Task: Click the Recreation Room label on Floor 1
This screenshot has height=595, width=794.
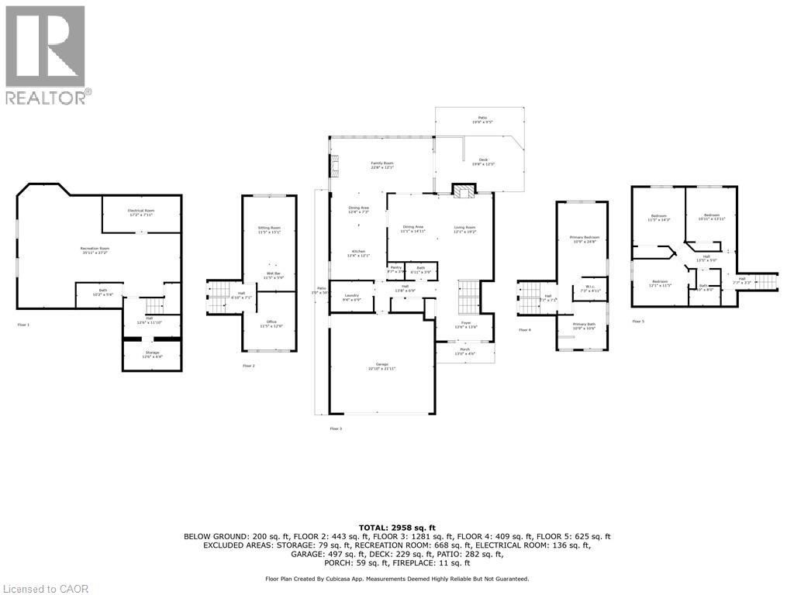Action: (x=95, y=249)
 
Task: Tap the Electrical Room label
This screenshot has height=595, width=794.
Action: (x=141, y=212)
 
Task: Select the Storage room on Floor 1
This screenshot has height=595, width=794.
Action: (x=151, y=354)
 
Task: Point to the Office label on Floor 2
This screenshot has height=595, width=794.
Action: (x=271, y=323)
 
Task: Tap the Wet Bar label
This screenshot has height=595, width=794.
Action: (x=273, y=275)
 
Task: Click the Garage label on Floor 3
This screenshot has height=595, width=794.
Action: (x=381, y=366)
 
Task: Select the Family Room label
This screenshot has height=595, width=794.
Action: (x=381, y=165)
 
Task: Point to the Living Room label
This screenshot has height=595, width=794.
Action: (x=464, y=229)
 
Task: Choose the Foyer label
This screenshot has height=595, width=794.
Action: (x=465, y=325)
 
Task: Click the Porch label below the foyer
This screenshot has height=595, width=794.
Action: (x=465, y=352)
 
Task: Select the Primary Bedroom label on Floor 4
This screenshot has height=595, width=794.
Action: (x=585, y=239)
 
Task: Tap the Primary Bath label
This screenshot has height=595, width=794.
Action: (x=583, y=326)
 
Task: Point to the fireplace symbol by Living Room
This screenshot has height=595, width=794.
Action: (x=464, y=192)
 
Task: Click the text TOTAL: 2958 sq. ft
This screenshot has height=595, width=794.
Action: (x=397, y=527)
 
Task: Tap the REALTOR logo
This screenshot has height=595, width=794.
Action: (x=46, y=54)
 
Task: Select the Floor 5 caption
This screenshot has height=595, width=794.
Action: (x=637, y=321)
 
